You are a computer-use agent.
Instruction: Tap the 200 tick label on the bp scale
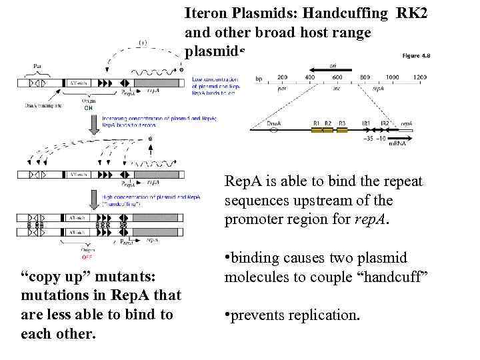[282, 78]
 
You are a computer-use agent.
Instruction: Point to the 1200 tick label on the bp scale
[419, 78]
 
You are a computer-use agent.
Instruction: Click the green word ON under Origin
[88, 107]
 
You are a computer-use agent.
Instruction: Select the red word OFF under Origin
[87, 256]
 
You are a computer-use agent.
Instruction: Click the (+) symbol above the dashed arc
[143, 43]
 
